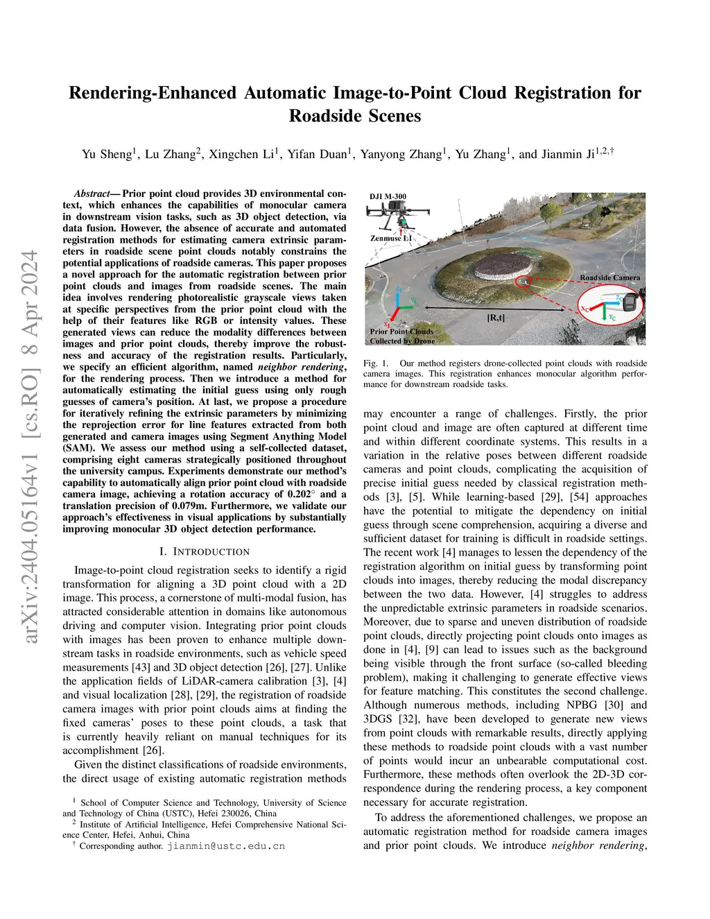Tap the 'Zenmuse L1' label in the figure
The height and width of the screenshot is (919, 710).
(390, 239)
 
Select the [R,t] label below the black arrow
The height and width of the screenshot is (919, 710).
(496, 318)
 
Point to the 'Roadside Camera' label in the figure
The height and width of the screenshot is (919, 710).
(610, 277)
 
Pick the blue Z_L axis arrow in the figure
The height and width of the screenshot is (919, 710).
(399, 295)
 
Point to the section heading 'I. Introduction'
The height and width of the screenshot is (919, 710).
(205, 551)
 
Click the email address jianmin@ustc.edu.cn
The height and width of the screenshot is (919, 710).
(226, 846)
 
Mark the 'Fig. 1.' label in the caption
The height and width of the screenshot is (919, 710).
(376, 363)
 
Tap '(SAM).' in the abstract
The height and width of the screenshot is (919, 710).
(79, 448)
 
